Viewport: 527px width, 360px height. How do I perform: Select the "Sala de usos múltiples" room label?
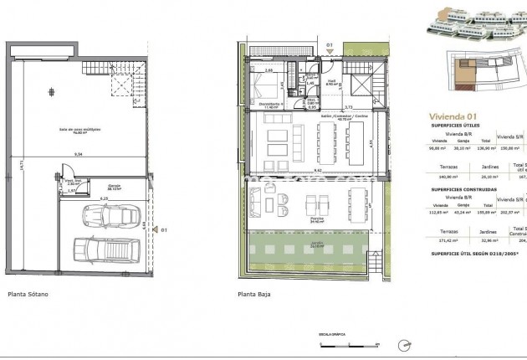coord(74,128)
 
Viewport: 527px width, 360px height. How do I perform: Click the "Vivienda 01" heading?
coord(453,116)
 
